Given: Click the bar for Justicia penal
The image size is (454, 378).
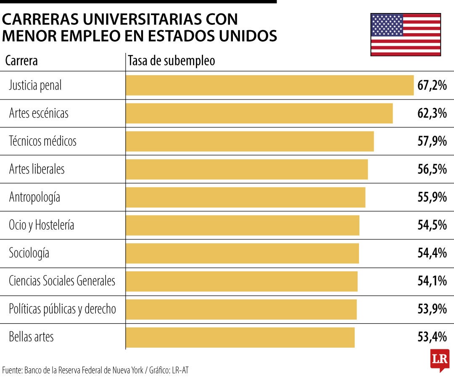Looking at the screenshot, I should click(269, 85).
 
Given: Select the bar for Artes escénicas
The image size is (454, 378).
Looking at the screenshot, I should click(259, 113).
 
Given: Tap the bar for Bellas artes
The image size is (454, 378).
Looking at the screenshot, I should click(240, 337).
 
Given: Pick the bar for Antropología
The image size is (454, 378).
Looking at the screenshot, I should click(245, 197).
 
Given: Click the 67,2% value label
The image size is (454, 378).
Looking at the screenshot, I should click(432, 86).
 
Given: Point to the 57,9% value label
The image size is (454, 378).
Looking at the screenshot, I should click(432, 142).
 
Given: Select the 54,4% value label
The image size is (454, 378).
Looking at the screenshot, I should click(432, 253).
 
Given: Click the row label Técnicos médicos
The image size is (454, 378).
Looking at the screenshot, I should click(42, 141).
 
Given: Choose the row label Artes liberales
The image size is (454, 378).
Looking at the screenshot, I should click(37, 169).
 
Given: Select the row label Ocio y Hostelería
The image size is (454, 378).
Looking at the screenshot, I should click(41, 225).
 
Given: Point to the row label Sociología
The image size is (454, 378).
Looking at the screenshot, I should click(29, 253).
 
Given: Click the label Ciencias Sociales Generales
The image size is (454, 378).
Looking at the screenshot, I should click(62, 281).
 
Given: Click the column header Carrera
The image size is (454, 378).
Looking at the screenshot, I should click(21, 61).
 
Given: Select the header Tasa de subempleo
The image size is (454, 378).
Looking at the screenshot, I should click(171, 61).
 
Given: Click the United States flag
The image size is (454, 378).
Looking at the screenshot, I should click(405, 34).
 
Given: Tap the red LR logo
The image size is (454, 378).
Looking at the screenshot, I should click(440, 360).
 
